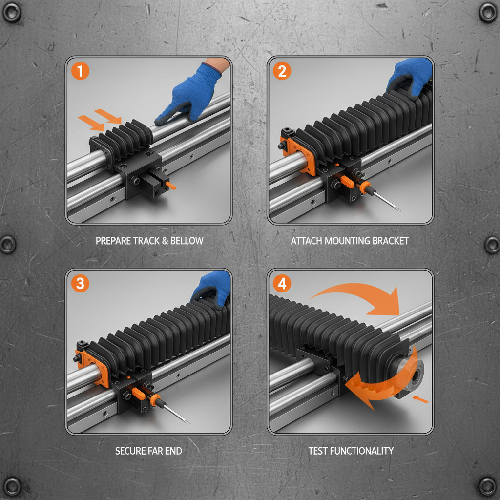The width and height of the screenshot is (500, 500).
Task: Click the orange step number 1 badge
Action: pos(81,71)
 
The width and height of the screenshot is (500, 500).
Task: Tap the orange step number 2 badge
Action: pos(282,71)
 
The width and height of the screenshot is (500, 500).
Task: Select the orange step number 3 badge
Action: pos(81,283)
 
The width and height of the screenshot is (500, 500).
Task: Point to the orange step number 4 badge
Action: pos(282,283)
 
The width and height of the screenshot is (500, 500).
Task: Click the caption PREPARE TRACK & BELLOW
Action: pos(149,241)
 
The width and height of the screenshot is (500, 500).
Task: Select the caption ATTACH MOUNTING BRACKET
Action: pos(350,241)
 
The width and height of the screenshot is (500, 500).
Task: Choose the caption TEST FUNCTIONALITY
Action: pos(351,451)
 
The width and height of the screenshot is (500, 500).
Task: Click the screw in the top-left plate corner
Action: pos(12,12)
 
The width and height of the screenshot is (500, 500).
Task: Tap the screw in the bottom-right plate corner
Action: pos(487,486)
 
